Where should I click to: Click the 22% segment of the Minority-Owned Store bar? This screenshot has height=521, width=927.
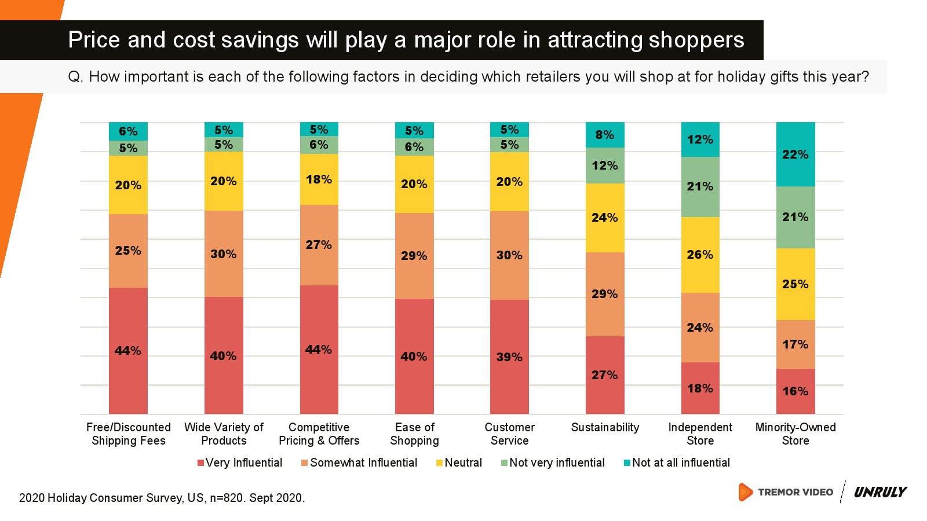click(x=795, y=154)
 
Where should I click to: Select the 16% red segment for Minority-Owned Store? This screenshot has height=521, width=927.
click(x=795, y=391)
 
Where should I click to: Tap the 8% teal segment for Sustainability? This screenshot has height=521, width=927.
click(x=605, y=135)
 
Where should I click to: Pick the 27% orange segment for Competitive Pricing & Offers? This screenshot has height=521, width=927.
click(x=319, y=245)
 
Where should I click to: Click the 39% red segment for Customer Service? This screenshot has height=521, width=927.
click(x=509, y=357)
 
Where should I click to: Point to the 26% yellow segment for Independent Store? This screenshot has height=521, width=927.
click(x=700, y=255)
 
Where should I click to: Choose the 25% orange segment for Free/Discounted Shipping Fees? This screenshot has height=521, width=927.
click(x=128, y=251)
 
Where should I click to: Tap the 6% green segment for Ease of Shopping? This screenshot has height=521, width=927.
click(x=414, y=147)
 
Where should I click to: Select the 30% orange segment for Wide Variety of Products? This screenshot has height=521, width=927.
click(x=224, y=254)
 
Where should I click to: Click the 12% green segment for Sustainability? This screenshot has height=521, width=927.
click(x=605, y=166)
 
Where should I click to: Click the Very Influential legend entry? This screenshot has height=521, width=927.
click(x=240, y=463)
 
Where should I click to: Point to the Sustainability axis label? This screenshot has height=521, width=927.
click(x=605, y=427)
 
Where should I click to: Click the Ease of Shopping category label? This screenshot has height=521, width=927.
click(x=414, y=434)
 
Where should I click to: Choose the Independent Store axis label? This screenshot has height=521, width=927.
click(x=700, y=434)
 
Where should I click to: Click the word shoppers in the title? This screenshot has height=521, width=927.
click(x=696, y=40)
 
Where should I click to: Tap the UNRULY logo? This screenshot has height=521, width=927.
click(x=880, y=492)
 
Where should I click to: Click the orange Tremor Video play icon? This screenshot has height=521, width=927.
click(x=745, y=492)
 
